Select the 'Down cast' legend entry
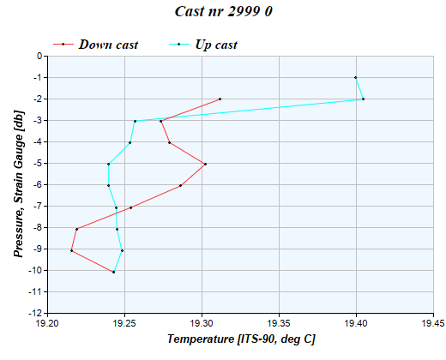108,44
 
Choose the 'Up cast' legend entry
216,44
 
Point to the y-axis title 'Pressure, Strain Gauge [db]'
17,184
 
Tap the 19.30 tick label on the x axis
202,324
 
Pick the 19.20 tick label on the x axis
47,324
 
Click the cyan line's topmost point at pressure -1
355,78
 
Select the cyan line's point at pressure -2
363,99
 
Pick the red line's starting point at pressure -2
220,99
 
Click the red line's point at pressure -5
205,164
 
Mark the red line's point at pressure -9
71,250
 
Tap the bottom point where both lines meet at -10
113,272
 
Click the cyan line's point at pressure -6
108,185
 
